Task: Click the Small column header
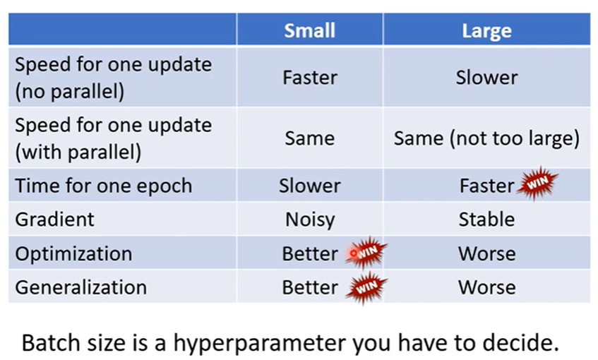[x=309, y=30]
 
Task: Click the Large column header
[x=486, y=31]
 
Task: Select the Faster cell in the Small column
[x=310, y=78]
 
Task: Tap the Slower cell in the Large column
[x=486, y=78]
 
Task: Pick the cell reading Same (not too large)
[x=486, y=138]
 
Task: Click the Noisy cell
[x=310, y=220]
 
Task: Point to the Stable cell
[x=486, y=220]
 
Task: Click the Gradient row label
[x=54, y=220]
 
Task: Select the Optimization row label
[x=73, y=254]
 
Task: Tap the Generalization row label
[x=81, y=287]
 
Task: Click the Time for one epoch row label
[x=103, y=186]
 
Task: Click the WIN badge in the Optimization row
[x=366, y=252]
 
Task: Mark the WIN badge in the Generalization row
[x=366, y=287]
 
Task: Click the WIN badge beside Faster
[x=537, y=183]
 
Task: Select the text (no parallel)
[x=69, y=92]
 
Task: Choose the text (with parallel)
[x=78, y=152]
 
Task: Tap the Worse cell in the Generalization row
[x=486, y=287]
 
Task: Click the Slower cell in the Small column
[x=309, y=186]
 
